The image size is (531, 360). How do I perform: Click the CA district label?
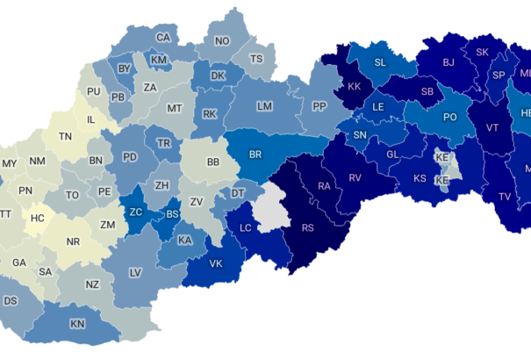click(163, 38)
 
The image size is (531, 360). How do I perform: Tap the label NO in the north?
click(222, 41)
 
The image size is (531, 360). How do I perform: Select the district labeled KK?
click(355, 87)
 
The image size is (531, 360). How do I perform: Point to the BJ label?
click(448, 62)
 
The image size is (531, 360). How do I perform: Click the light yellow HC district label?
click(38, 217)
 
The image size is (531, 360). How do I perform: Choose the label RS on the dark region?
click(307, 227)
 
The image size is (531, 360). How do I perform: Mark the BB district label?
click(213, 162)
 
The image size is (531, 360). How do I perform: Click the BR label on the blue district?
click(255, 155)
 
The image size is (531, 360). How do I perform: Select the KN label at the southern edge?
click(77, 324)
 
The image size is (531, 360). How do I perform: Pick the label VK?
click(215, 263)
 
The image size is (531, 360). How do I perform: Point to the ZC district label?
click(136, 212)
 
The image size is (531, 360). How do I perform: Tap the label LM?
click(264, 106)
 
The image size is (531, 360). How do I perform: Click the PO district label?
click(449, 117)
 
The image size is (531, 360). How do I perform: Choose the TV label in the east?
click(504, 197)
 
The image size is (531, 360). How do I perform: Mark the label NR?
click(75, 241)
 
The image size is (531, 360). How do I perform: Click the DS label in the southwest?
click(11, 300)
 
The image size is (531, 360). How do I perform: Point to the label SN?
click(360, 135)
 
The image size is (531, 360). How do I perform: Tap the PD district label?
click(130, 157)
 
